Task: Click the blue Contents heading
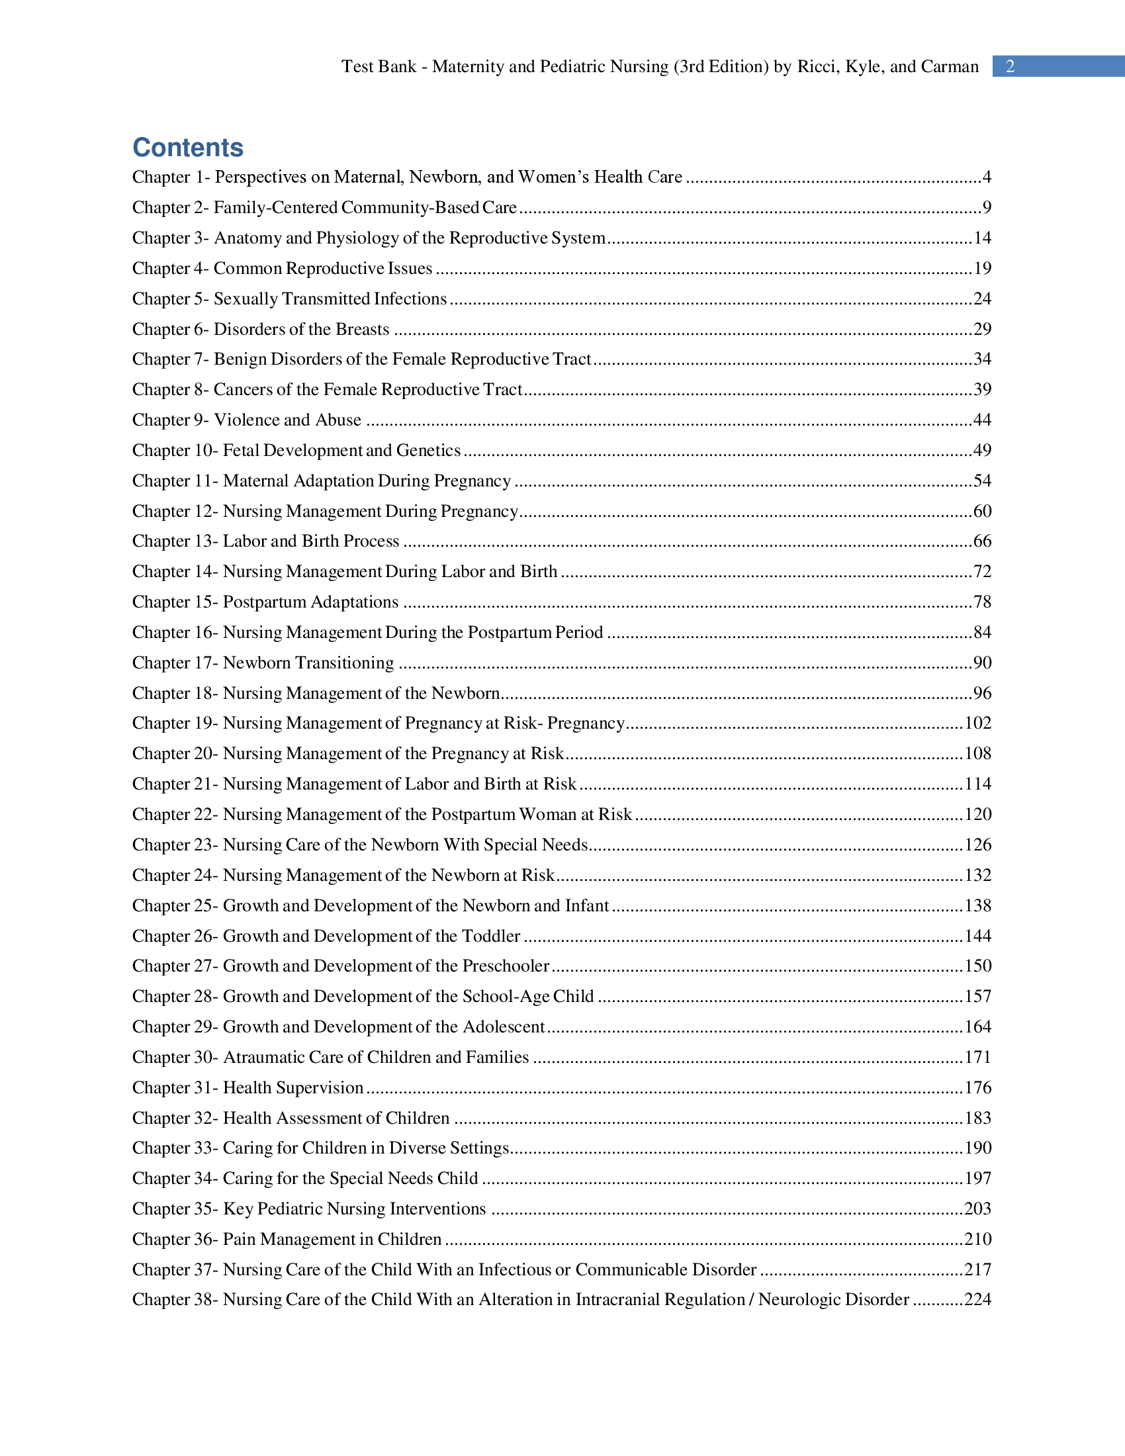pyautogui.click(x=188, y=148)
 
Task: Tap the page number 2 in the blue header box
pyautogui.click(x=1011, y=67)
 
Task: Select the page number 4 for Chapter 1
pyautogui.click(x=987, y=177)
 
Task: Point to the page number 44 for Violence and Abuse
pyautogui.click(x=981, y=420)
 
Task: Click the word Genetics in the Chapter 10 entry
pyautogui.click(x=429, y=451)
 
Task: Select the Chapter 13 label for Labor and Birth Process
pyautogui.click(x=175, y=541)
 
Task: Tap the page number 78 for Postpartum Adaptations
pyautogui.click(x=981, y=602)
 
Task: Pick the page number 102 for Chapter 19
pyautogui.click(x=977, y=723)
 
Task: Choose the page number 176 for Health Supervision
pyautogui.click(x=977, y=1088)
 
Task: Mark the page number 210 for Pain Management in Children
pyautogui.click(x=977, y=1240)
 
